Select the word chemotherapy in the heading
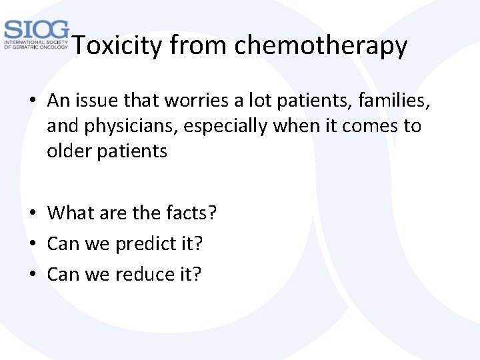coord(321,46)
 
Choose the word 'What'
coord(71,213)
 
